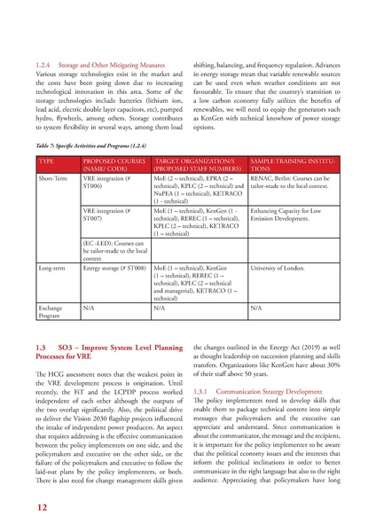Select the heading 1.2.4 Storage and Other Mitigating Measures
[x=103, y=66]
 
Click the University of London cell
[x=281, y=265]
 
